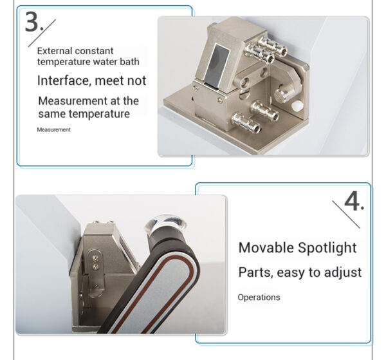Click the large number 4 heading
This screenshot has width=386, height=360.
coord(354,202)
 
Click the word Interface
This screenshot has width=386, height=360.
coord(64,81)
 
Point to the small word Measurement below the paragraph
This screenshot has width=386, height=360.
coord(53,129)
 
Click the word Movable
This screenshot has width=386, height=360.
coord(266,247)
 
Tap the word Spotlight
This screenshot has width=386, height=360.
coord(327,248)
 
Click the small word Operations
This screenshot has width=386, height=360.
coord(259,298)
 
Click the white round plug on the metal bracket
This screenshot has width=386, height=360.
coord(297,106)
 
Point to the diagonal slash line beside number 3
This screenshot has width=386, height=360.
coord(42,33)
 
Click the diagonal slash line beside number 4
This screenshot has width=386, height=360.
coord(346,214)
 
